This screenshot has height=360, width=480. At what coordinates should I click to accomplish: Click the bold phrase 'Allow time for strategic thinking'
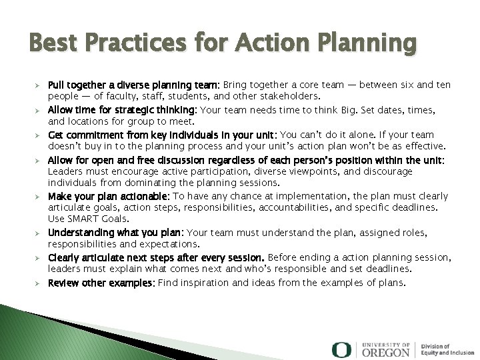point(123,110)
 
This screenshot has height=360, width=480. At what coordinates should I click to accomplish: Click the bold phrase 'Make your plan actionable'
point(109,196)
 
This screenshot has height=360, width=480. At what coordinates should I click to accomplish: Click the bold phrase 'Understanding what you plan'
point(116,233)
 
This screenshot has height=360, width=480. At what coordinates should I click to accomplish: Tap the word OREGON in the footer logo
point(387,351)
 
